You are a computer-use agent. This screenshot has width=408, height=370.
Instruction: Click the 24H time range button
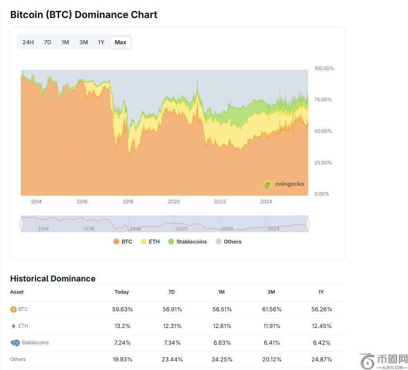click(28, 42)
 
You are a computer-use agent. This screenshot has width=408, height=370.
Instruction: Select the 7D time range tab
click(47, 42)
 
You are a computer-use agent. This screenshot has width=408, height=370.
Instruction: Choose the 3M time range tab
click(84, 42)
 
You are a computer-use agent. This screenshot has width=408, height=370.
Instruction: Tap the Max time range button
click(120, 42)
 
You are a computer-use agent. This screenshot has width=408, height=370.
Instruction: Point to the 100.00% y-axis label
click(324, 69)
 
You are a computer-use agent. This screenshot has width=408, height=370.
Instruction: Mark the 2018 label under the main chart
click(128, 202)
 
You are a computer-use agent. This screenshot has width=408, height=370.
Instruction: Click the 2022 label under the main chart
click(220, 202)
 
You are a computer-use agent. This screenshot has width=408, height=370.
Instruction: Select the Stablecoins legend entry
click(188, 242)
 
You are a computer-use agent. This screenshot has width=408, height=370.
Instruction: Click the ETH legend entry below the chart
click(150, 242)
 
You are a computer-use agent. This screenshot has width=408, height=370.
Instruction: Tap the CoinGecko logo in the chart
click(284, 184)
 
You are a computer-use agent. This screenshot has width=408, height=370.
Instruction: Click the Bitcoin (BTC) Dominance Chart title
click(84, 14)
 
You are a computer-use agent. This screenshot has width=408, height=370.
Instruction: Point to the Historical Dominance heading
click(53, 279)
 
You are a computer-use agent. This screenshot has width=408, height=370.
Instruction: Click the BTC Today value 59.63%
click(122, 309)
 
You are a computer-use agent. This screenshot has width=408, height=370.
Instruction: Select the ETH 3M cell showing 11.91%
click(271, 326)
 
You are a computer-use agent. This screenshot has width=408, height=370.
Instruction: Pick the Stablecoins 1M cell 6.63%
click(221, 343)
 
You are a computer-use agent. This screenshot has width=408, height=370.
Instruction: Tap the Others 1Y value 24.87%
click(321, 360)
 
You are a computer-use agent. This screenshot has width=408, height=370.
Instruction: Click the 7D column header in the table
click(171, 292)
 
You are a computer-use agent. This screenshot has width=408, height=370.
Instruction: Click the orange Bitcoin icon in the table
click(14, 309)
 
